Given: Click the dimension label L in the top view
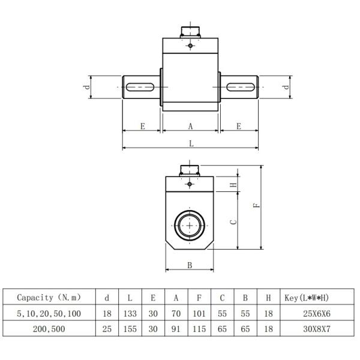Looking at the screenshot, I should pyautogui.click(x=191, y=143).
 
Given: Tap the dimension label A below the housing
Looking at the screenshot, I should pyautogui.click(x=191, y=126).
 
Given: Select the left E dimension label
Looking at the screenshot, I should pyautogui.click(x=142, y=126).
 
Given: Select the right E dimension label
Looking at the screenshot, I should pyautogui.click(x=238, y=126).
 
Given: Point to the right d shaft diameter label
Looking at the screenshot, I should pyautogui.click(x=287, y=87).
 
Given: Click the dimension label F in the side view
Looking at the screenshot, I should pyautogui.click(x=256, y=206).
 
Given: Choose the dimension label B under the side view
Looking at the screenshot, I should pyautogui.click(x=189, y=265).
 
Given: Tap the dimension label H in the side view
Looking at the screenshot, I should pyautogui.click(x=233, y=185).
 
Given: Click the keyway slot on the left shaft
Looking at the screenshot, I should pyautogui.click(x=142, y=88).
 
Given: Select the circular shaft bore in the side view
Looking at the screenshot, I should pyautogui.click(x=190, y=226).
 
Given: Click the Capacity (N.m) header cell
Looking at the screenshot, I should pyautogui.click(x=49, y=298).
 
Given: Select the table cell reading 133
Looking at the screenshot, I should pyautogui.click(x=130, y=314).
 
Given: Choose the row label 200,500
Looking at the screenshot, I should pyautogui.click(x=49, y=329).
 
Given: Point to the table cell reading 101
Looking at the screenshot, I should pyautogui.click(x=199, y=314).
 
